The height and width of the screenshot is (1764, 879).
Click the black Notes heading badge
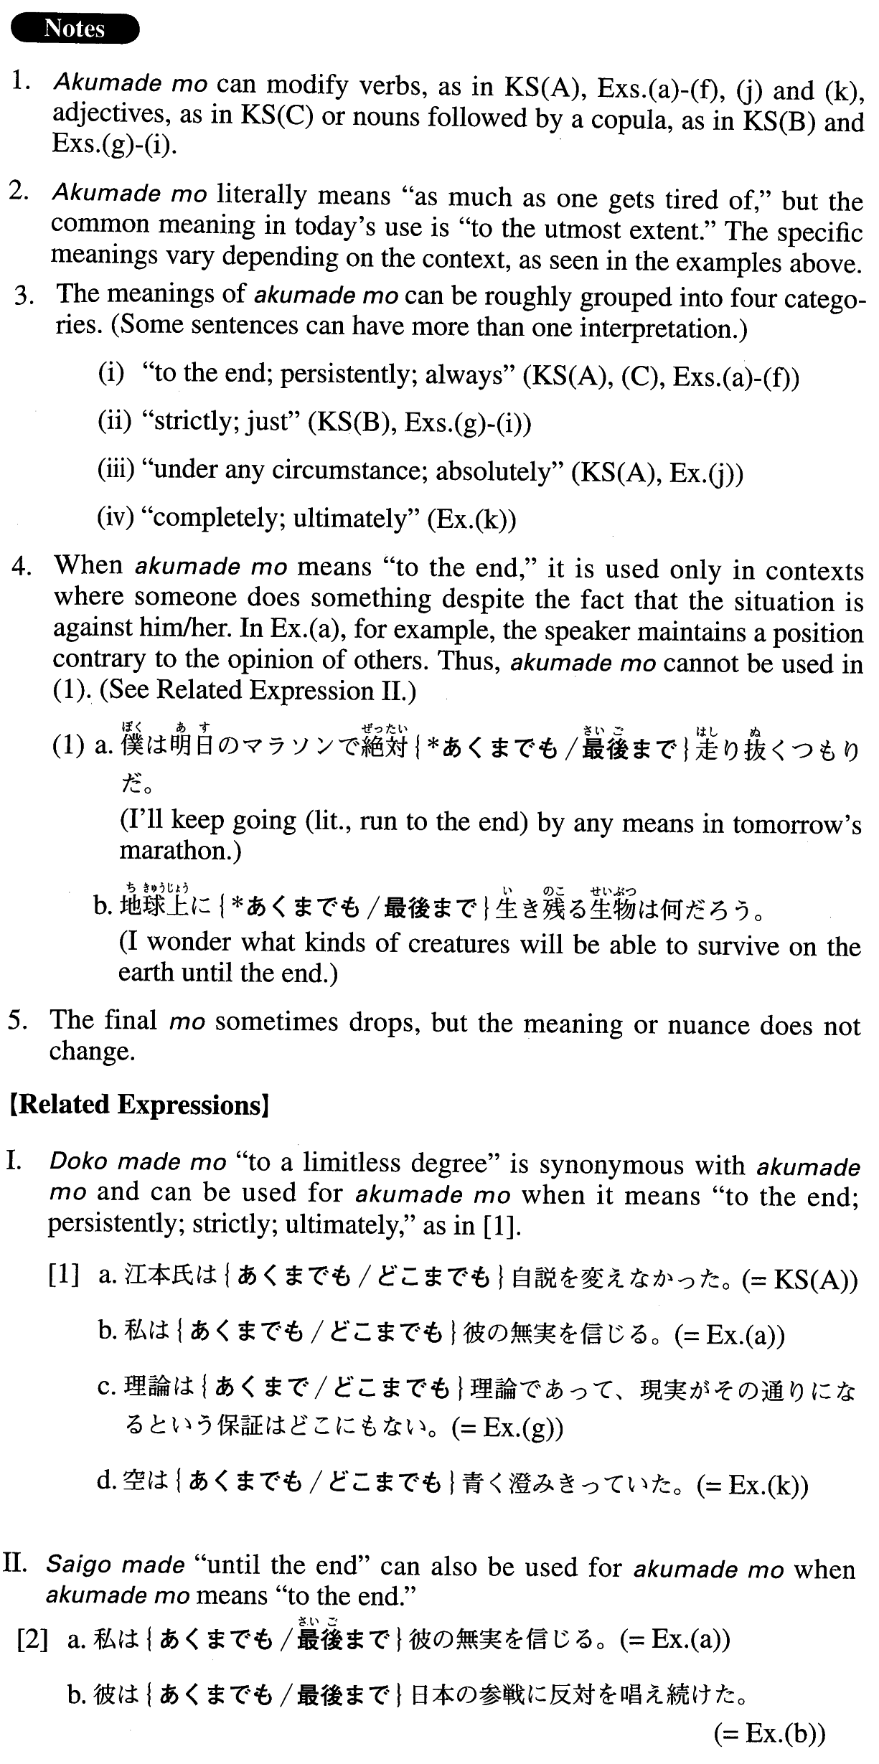75,29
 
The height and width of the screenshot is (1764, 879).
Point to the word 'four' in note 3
718,297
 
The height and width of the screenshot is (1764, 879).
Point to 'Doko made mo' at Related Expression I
138,1163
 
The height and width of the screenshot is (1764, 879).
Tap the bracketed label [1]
63,1278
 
